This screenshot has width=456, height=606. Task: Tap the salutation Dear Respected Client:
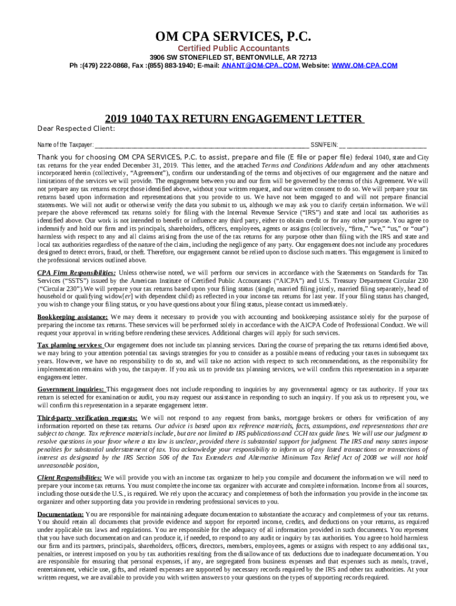76,130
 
